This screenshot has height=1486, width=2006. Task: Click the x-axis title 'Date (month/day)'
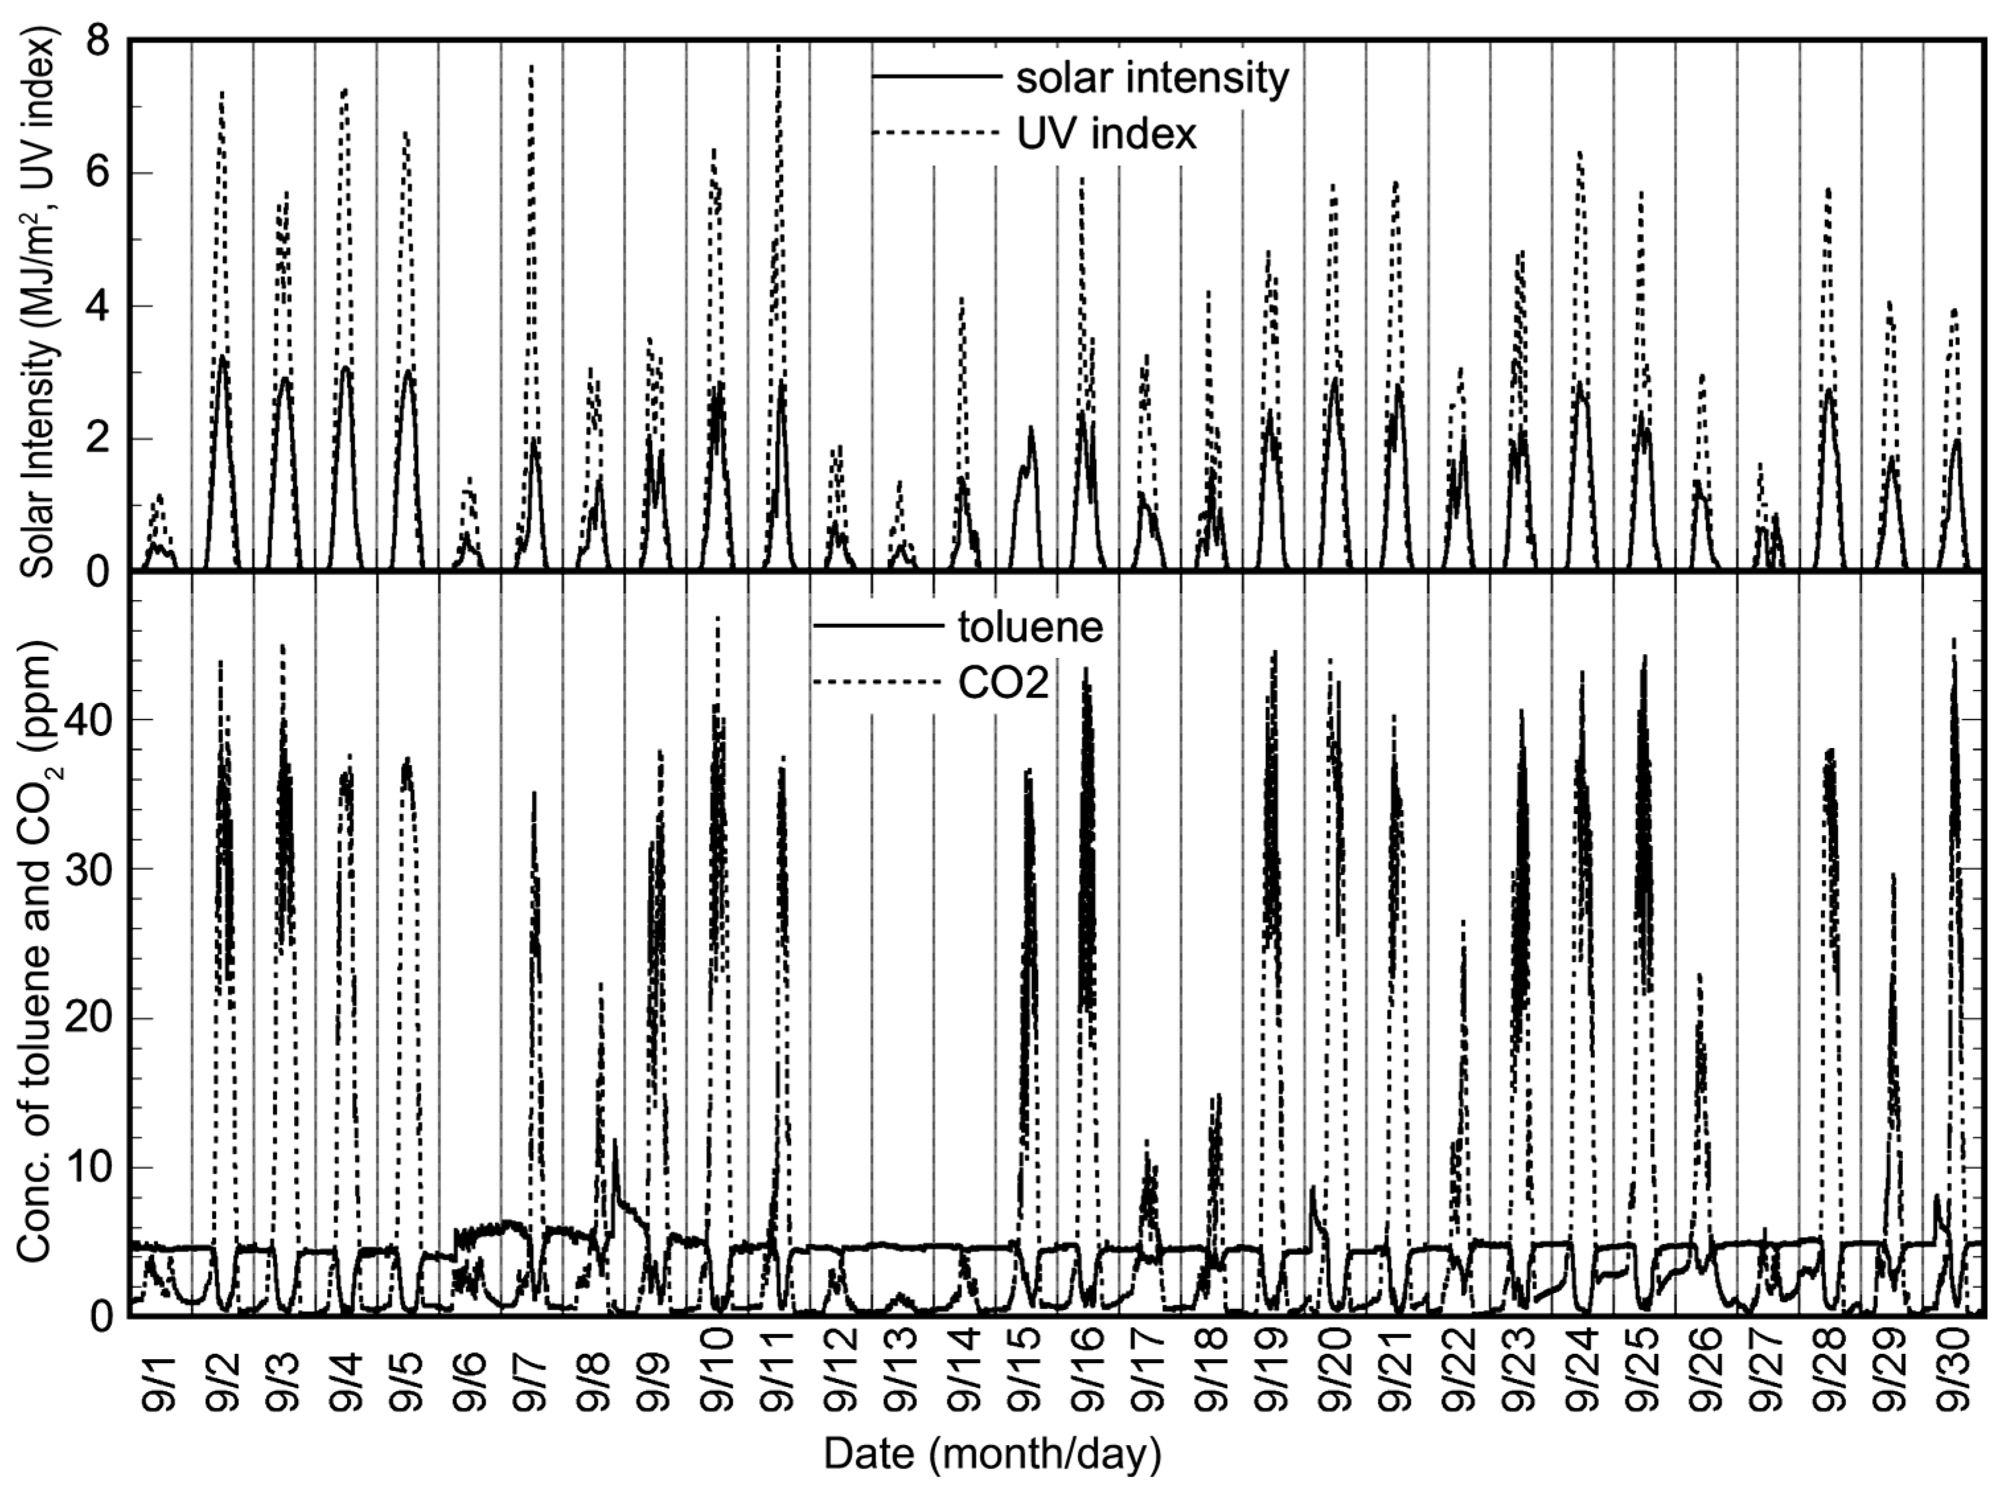click(992, 1454)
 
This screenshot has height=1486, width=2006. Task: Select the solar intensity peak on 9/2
click(222, 358)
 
